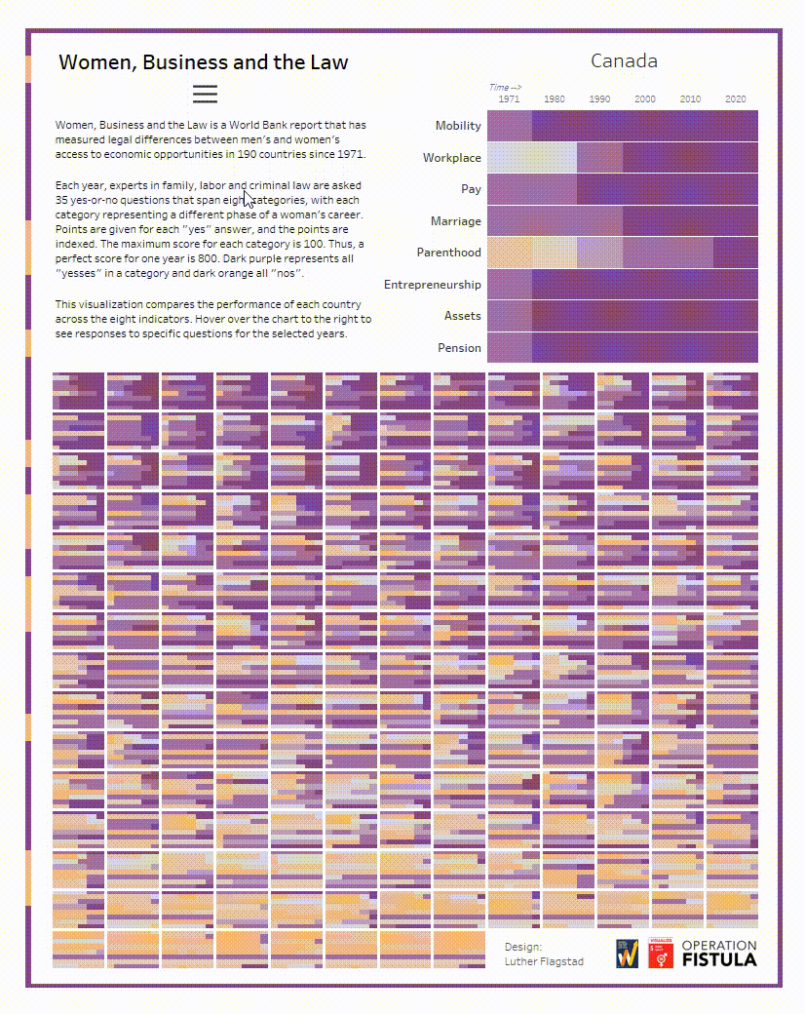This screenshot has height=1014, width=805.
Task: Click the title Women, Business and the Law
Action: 203,62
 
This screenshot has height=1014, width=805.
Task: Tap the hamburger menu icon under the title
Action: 205,94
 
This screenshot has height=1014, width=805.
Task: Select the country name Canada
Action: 624,61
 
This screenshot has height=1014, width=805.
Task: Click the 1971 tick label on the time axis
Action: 509,99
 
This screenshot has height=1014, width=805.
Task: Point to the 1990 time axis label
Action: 599,99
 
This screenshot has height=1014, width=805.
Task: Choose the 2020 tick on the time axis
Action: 735,99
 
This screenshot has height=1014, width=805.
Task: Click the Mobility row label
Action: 458,126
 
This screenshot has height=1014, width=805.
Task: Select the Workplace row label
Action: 451,158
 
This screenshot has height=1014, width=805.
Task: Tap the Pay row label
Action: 471,189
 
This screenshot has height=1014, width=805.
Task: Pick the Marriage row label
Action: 455,221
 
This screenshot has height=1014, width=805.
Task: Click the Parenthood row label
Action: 448,253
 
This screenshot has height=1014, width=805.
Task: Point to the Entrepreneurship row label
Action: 432,285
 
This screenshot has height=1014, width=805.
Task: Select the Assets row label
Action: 462,316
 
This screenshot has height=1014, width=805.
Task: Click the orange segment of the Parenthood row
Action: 509,253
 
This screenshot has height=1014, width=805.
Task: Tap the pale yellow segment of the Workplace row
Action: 531,158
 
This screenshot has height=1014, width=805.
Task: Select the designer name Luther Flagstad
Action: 544,961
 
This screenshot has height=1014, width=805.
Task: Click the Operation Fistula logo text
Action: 718,953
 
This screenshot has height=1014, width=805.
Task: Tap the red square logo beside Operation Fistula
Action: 660,953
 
